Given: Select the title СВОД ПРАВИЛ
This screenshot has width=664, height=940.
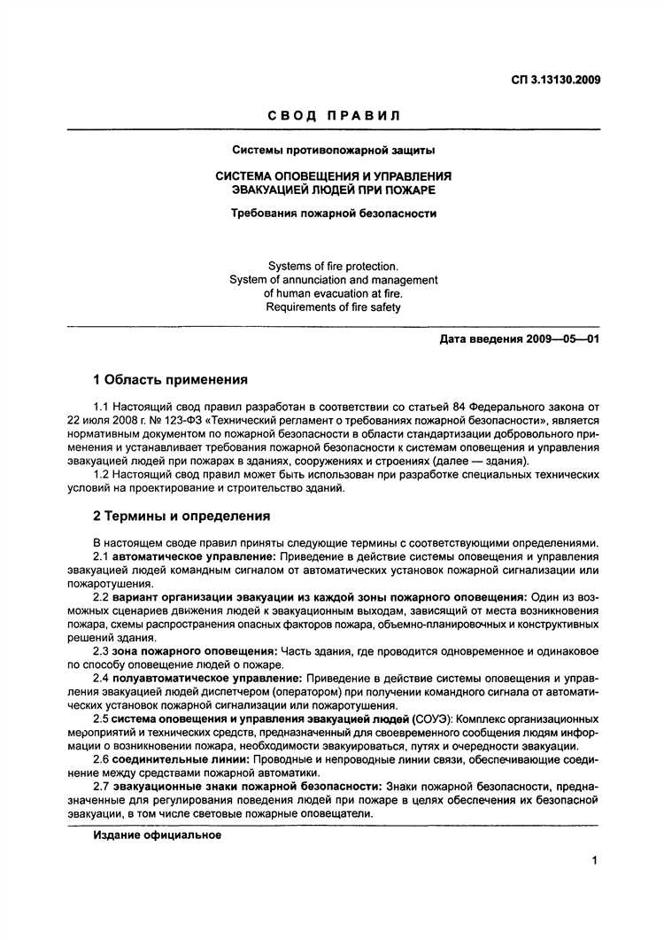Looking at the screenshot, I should (333, 115).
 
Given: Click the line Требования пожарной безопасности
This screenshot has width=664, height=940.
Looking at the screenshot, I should (333, 213).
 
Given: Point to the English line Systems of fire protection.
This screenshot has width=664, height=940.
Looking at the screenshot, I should (333, 265).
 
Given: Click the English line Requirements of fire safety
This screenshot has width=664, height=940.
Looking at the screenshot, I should (333, 307).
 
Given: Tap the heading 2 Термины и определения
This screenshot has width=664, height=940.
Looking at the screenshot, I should (181, 515).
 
